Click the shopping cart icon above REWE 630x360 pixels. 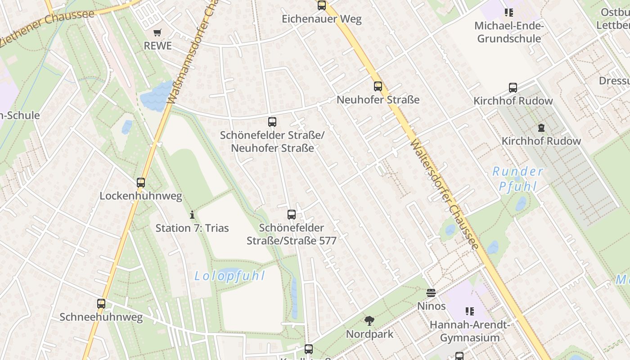(157, 32)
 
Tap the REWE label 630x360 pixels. (157, 46)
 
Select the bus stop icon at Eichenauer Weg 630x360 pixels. (322, 5)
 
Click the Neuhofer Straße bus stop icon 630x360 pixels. (378, 86)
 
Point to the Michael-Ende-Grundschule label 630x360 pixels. (509, 32)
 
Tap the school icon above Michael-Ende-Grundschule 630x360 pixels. (509, 13)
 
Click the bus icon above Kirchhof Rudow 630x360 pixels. (513, 88)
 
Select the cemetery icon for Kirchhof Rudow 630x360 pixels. (541, 128)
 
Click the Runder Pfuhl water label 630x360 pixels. (517, 179)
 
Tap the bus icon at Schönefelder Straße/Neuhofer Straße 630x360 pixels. (272, 122)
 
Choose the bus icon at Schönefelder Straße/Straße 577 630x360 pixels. (292, 215)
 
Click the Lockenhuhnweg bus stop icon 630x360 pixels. (141, 183)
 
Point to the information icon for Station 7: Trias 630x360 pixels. (192, 215)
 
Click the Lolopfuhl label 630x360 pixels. (230, 276)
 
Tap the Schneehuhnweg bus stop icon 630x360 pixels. (101, 304)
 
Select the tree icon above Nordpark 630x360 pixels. (369, 321)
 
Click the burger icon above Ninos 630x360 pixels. (431, 293)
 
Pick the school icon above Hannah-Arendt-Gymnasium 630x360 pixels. (470, 311)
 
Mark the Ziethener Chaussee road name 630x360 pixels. (47, 27)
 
